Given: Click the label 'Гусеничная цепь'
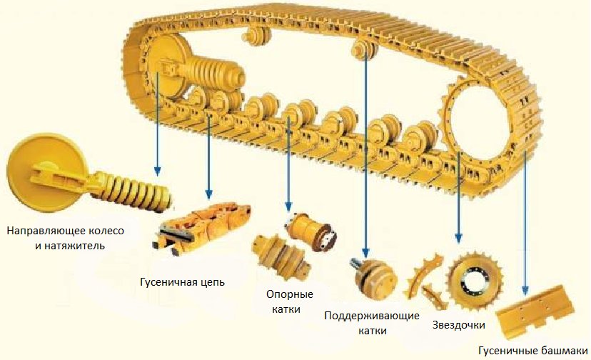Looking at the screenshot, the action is click(x=183, y=282).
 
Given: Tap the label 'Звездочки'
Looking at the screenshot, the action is click(x=458, y=325).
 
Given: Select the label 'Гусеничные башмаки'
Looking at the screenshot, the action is click(x=532, y=351).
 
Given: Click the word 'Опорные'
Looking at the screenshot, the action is click(x=290, y=294).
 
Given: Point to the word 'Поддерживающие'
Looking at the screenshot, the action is click(x=372, y=316).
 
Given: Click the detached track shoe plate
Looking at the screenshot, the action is click(x=535, y=311).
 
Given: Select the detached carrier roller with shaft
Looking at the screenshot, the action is click(x=373, y=279).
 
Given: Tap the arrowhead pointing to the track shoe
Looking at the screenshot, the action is click(x=525, y=289).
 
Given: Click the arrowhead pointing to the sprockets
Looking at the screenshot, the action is click(x=458, y=238).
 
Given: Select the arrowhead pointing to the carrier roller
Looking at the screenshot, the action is click(x=365, y=253).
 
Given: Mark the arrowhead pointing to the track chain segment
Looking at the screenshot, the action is click(x=209, y=194).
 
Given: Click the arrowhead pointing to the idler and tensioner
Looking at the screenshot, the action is click(x=158, y=171).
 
